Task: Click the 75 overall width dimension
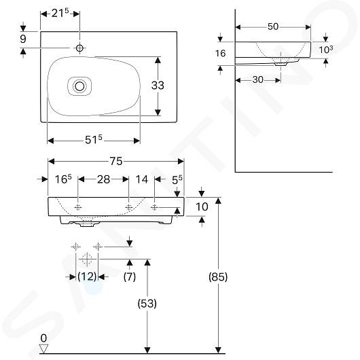[116, 161]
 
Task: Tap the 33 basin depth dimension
[158, 86]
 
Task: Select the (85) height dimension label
[218, 276]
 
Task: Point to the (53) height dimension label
[147, 304]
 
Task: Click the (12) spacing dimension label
[87, 276]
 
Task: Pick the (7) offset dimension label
[130, 276]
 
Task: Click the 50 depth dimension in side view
[273, 27]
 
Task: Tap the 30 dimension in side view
[257, 80]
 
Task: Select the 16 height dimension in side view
[220, 54]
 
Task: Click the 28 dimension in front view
[103, 179]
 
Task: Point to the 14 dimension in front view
[142, 179]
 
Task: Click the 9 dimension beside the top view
[23, 39]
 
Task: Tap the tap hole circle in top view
[79, 48]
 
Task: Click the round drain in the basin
[79, 86]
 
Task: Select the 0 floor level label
[43, 338]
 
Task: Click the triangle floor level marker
[43, 348]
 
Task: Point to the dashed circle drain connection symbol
[87, 259]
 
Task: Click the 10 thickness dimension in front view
[202, 206]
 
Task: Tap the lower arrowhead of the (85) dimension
[218, 350]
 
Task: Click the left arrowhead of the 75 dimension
[51, 162]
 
